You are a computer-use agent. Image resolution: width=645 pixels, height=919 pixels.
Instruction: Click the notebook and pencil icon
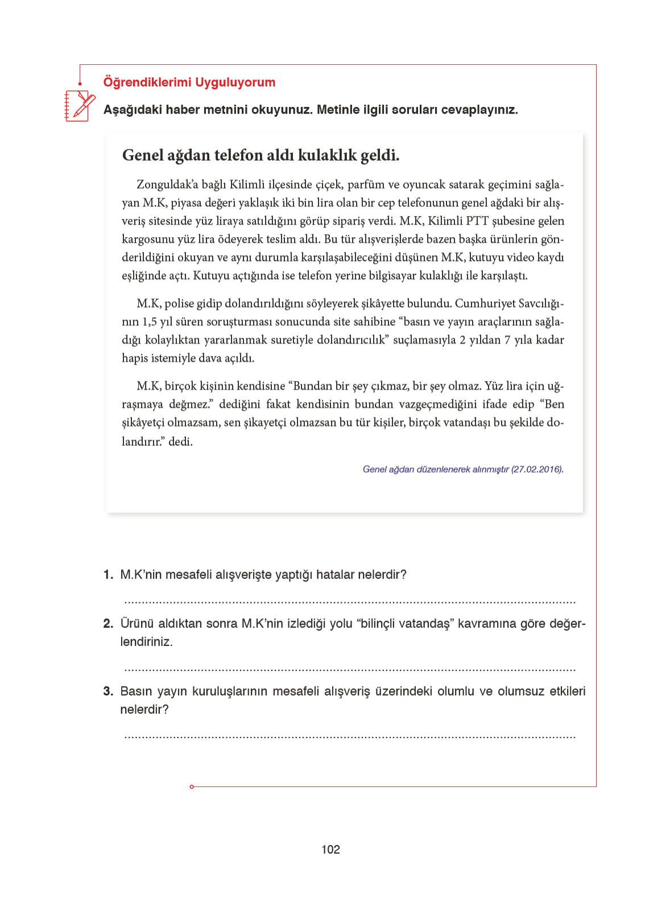(x=79, y=106)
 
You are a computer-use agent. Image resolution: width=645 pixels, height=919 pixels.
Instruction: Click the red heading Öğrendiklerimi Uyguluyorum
(x=189, y=82)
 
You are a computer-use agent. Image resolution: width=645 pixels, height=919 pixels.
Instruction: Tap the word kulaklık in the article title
(x=328, y=155)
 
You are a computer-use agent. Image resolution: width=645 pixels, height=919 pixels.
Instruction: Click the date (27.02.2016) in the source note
(x=537, y=469)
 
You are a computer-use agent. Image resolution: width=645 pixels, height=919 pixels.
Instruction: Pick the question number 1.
(x=108, y=575)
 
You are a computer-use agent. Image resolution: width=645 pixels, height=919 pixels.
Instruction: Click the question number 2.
(x=108, y=624)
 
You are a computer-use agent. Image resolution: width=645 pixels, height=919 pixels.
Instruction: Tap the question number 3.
(x=108, y=692)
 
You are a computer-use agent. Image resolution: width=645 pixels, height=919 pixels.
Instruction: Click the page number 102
(x=330, y=850)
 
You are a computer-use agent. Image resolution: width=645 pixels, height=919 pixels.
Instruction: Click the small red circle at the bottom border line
(x=192, y=786)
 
